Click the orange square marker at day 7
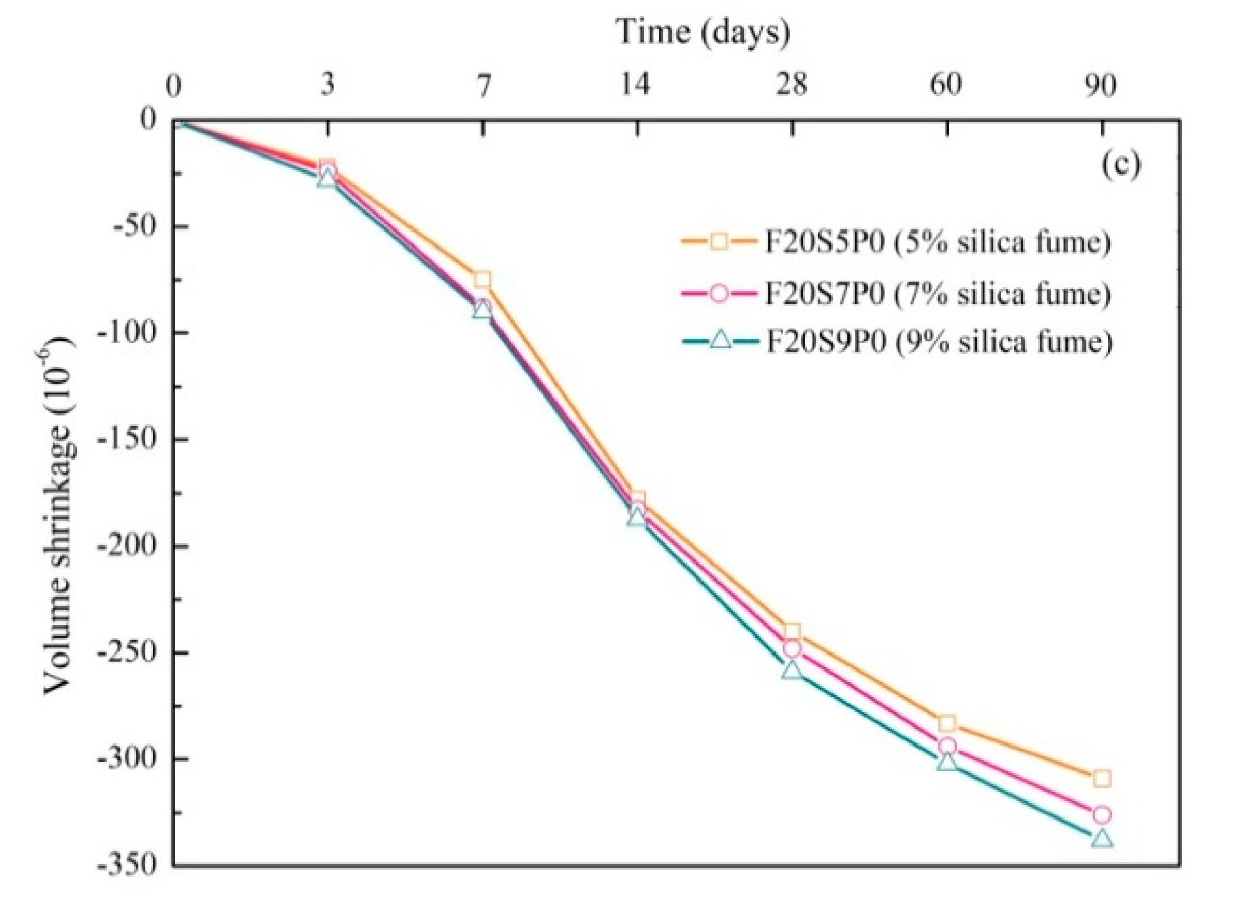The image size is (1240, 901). tap(482, 280)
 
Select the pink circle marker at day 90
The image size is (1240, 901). tap(1101, 814)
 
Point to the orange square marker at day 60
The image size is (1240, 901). tap(947, 723)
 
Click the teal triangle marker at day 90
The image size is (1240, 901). tap(1102, 840)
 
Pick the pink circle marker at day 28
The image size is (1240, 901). tap(792, 649)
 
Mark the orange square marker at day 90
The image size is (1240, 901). tap(1102, 778)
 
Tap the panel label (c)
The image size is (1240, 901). tap(1120, 165)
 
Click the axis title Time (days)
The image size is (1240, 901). tap(703, 32)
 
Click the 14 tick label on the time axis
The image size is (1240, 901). tap(636, 85)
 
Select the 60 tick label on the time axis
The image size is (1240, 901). tap(946, 85)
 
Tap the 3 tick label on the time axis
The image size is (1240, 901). tap(328, 85)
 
